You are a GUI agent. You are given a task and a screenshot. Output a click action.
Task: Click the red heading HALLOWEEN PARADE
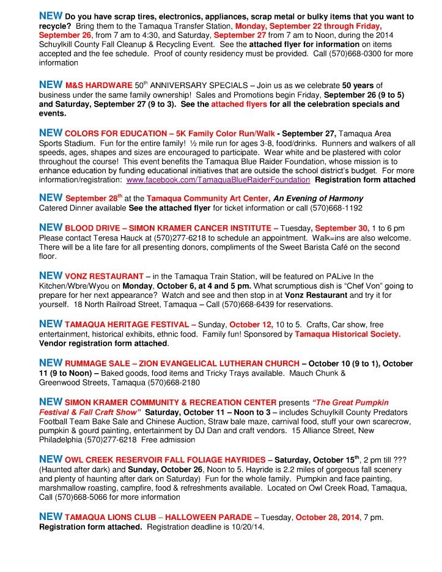209,518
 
